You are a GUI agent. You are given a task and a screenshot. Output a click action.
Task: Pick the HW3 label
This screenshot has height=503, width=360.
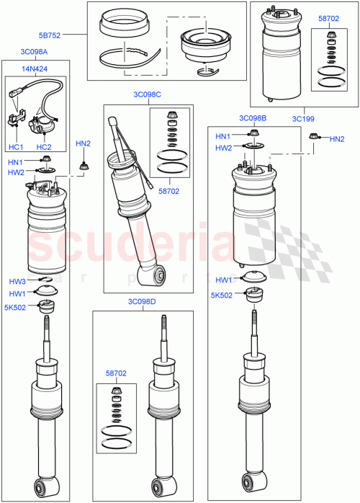(x=17, y=281)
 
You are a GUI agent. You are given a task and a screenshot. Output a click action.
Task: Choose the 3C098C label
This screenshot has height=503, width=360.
(x=147, y=94)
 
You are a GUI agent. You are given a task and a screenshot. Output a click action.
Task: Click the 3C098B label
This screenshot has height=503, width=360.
(x=253, y=117)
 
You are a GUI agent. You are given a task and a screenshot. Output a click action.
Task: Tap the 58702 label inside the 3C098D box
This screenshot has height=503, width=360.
(x=116, y=373)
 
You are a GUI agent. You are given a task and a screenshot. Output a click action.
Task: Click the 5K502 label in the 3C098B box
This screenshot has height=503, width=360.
(x=222, y=295)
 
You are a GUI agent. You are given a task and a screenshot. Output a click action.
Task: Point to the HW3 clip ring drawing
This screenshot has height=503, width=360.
(x=43, y=280)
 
